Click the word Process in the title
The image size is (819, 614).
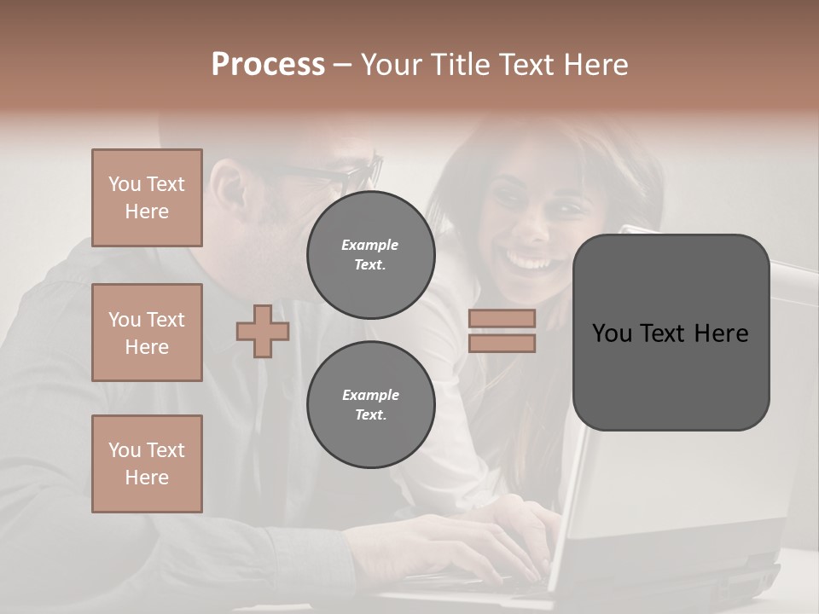point(268,65)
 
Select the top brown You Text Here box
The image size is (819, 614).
point(147,198)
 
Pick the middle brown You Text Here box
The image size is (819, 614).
point(147,333)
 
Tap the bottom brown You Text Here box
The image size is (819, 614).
point(147,464)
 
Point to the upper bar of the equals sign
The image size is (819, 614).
point(502,318)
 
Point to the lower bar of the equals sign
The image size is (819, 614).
point(502,344)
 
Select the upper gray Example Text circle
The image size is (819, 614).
point(371,254)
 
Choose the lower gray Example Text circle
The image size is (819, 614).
point(371,404)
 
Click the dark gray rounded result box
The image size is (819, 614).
point(671,333)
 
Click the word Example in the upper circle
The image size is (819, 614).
point(370,245)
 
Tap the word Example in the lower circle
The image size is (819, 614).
point(370,395)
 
